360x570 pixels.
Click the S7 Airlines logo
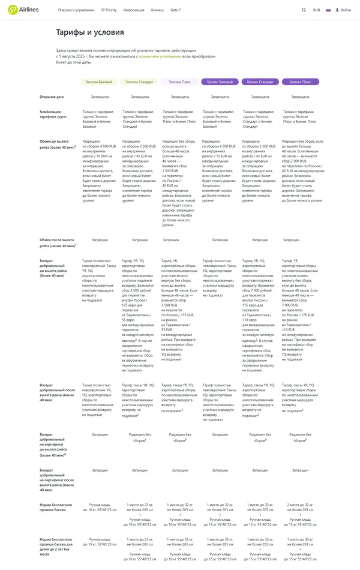24,10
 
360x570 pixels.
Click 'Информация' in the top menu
133,10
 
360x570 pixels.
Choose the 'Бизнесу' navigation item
157,10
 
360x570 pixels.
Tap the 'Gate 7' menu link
175,10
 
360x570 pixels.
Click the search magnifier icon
304,10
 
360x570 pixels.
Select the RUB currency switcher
316,10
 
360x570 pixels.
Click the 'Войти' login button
344,10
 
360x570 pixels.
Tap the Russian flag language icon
328,10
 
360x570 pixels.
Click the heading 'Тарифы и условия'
82,32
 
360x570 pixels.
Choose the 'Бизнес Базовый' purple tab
220,82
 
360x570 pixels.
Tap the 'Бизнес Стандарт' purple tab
260,82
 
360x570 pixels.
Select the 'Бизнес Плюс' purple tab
300,82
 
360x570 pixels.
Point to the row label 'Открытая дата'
52,97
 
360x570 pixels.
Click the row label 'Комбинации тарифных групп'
54,114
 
